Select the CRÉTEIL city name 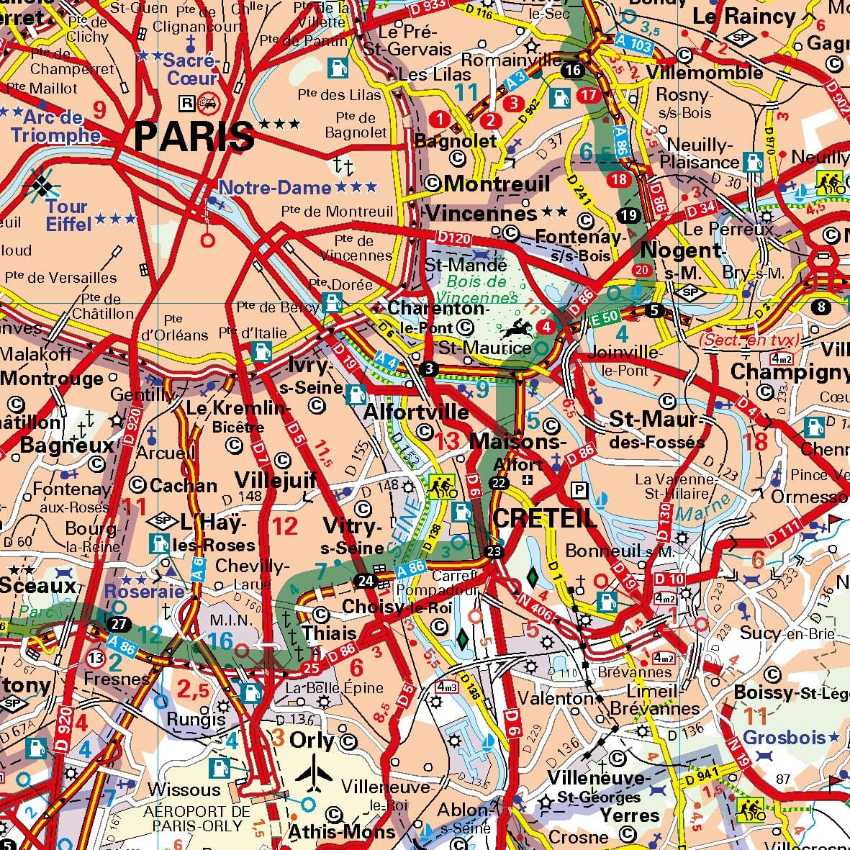(x=544, y=517)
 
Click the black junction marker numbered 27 (x=117, y=623)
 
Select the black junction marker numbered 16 (x=573, y=70)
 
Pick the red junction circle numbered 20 (x=641, y=271)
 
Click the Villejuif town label (x=276, y=480)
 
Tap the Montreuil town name (x=497, y=184)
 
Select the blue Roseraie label (x=145, y=591)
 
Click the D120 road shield (x=453, y=237)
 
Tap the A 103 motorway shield (x=634, y=45)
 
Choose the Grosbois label (x=785, y=737)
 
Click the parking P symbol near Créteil (x=578, y=489)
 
